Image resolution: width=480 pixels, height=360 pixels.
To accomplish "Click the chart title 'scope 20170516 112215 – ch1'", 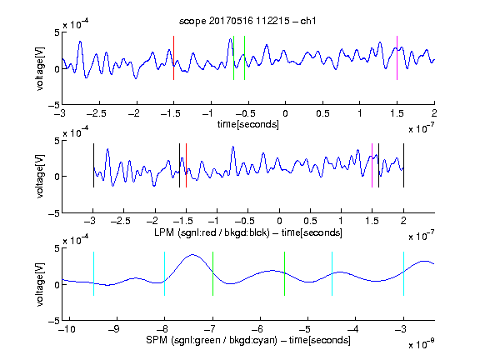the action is (x=247, y=21).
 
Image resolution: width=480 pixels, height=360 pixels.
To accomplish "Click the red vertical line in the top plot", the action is (x=174, y=57).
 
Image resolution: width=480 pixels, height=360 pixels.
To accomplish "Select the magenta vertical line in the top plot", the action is (x=397, y=57).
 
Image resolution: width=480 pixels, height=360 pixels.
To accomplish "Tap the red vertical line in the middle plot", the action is (x=186, y=165).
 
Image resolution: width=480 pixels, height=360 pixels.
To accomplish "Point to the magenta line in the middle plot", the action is (x=372, y=165).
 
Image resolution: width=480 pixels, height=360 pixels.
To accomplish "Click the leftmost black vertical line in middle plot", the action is (x=93, y=165).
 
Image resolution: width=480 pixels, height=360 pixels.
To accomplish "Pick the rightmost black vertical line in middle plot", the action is (x=404, y=165).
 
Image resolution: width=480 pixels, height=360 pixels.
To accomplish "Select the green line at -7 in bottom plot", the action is (x=212, y=273).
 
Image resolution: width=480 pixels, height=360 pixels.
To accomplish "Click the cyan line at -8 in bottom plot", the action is (x=165, y=273).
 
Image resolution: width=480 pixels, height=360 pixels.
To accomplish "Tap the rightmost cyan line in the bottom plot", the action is (x=404, y=273).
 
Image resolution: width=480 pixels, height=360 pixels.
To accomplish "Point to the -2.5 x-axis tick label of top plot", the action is (x=96, y=113).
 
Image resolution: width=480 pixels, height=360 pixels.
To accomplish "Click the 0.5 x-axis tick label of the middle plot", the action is (x=310, y=221).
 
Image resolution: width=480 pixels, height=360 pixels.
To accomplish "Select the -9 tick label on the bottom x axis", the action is (x=113, y=329).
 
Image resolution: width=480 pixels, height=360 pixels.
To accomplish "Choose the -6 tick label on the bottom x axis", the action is (x=257, y=329).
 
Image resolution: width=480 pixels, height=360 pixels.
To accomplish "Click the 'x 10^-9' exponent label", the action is (x=422, y=343).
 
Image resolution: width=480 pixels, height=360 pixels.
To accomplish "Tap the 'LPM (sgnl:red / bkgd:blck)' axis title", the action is (x=212, y=232).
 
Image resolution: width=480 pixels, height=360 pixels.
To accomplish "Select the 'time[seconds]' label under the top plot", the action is (x=248, y=124).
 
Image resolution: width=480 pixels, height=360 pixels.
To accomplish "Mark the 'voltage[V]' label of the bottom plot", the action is (x=40, y=285).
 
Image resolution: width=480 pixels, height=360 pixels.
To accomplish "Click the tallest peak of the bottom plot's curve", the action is (x=192, y=254).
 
